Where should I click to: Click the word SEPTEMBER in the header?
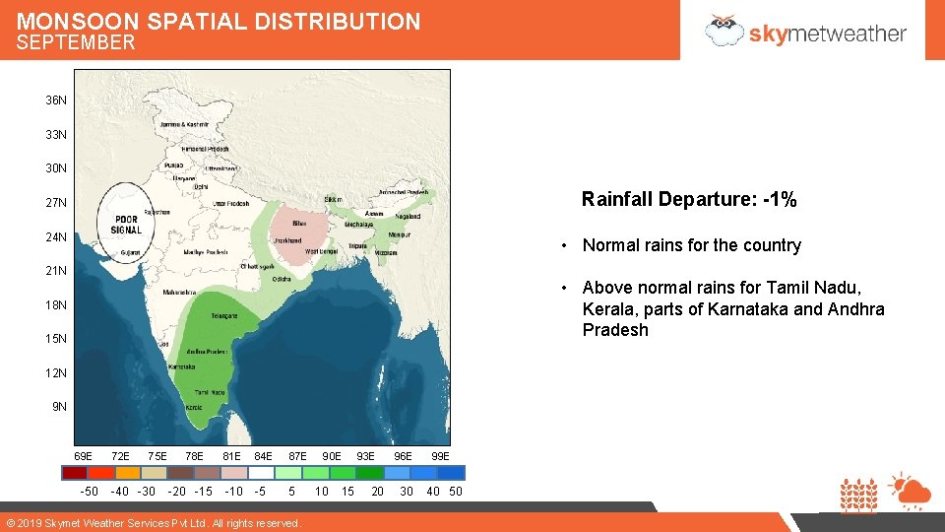coord(76,42)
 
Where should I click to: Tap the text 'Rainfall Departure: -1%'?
coord(689,199)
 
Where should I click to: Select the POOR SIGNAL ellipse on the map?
coord(126,222)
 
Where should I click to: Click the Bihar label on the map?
coord(298,224)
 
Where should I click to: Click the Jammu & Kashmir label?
coord(187,125)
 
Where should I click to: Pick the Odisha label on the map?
coord(282,279)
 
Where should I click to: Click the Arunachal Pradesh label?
coord(404,192)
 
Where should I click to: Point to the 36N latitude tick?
coord(56,100)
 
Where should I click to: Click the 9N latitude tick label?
coord(59,407)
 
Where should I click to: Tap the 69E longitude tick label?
coord(84,456)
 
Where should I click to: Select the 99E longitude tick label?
coord(440,456)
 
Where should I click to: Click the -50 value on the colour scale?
coord(89,492)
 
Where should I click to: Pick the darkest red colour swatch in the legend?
coord(75,472)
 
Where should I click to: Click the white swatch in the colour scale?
coord(261,472)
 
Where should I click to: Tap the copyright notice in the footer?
coord(154,523)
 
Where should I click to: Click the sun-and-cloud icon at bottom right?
coord(908,490)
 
